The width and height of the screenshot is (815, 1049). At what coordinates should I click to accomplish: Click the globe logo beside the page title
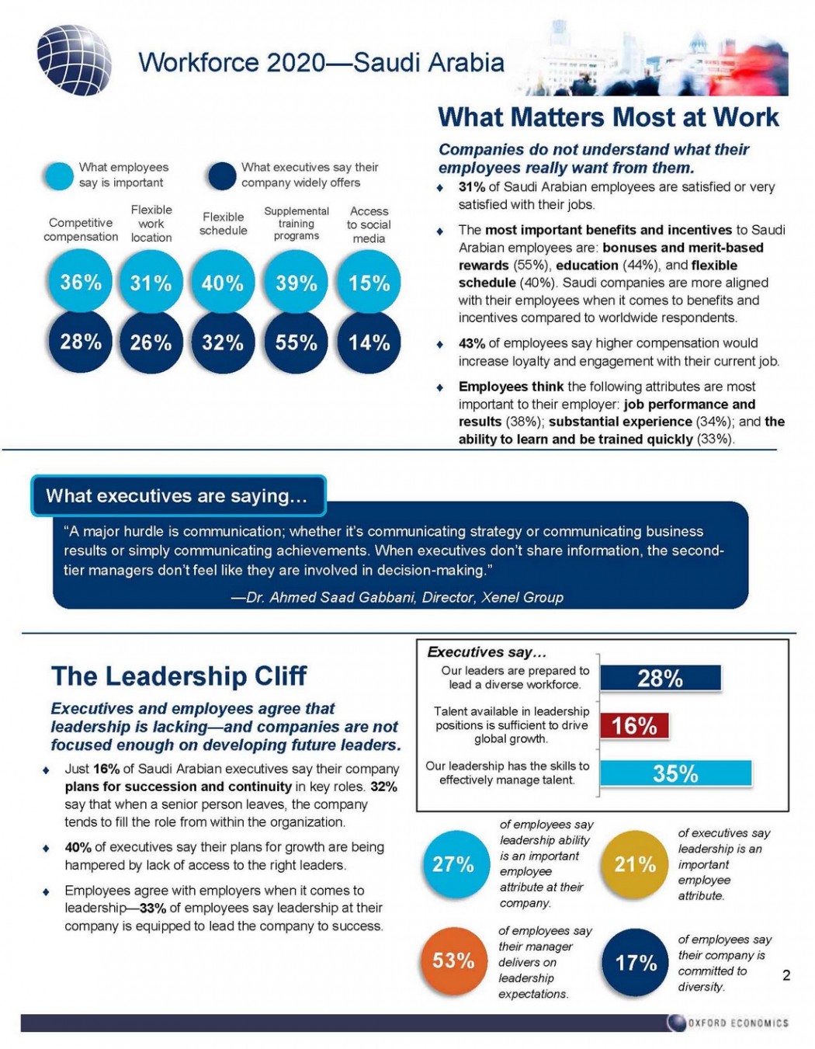click(x=75, y=61)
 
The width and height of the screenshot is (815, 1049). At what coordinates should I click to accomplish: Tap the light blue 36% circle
click(x=81, y=283)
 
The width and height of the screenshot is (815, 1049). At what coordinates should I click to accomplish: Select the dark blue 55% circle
click(x=296, y=342)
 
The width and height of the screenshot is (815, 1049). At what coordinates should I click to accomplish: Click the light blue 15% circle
click(x=369, y=283)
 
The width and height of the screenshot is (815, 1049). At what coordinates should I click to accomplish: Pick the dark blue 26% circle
click(x=151, y=342)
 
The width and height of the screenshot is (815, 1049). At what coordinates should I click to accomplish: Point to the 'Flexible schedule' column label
click(x=224, y=224)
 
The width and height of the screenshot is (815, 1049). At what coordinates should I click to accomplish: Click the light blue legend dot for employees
click(x=58, y=176)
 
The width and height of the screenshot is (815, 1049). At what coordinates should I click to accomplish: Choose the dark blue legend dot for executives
click(x=222, y=176)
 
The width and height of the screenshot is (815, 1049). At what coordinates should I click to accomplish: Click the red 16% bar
click(x=634, y=726)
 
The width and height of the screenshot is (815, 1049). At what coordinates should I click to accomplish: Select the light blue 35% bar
click(x=675, y=773)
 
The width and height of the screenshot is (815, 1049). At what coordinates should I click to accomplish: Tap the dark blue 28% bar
click(x=661, y=679)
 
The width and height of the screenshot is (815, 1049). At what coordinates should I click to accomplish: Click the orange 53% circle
click(x=453, y=961)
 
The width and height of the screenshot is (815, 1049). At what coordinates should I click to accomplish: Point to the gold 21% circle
click(x=635, y=865)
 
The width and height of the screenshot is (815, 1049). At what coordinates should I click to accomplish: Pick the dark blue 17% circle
click(x=636, y=963)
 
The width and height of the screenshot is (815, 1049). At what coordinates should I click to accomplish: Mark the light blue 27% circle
click(x=453, y=865)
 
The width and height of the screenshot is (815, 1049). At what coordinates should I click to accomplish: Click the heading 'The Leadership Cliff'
click(x=179, y=676)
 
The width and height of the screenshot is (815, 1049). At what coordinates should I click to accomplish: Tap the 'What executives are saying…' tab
click(x=178, y=496)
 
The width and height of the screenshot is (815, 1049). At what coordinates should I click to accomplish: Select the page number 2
click(x=786, y=976)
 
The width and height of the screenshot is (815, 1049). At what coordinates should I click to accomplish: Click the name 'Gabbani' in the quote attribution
click(x=388, y=597)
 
